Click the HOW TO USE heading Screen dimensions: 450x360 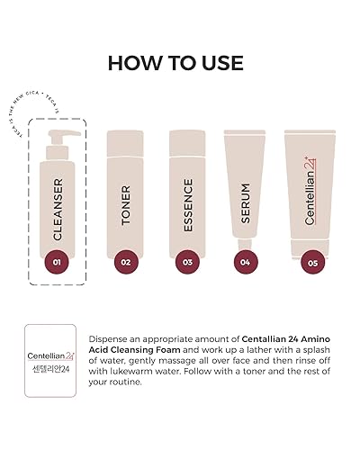180,62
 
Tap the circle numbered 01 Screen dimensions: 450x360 56,264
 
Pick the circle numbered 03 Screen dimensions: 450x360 187,264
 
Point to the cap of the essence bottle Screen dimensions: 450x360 187,136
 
